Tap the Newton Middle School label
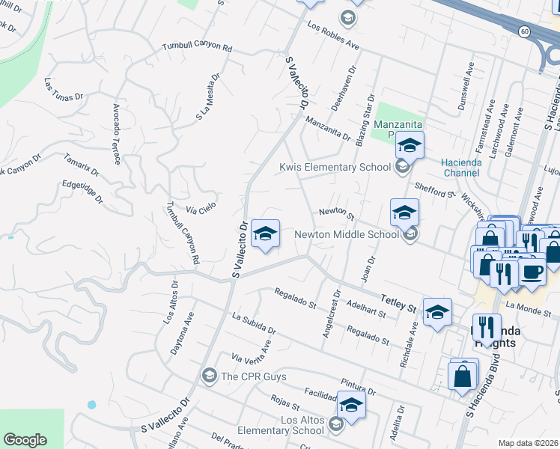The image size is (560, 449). (346, 234)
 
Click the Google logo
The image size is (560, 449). (25, 440)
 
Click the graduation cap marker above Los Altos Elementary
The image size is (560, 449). (350, 405)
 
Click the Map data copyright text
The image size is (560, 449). (528, 443)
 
